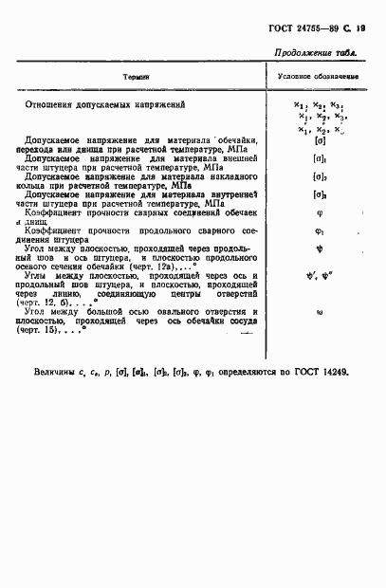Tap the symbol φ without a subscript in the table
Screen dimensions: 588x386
click(x=320, y=213)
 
